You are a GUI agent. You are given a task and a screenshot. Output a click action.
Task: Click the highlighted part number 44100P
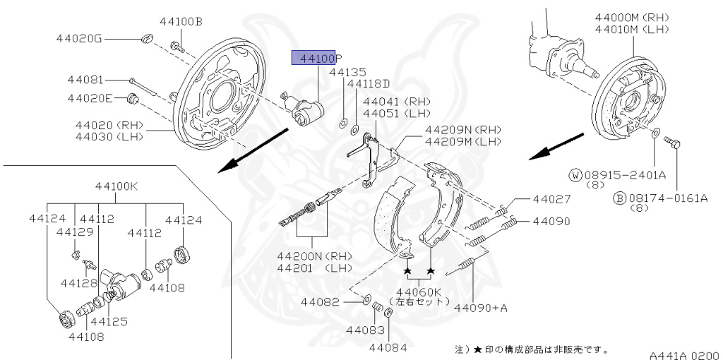point(317,59)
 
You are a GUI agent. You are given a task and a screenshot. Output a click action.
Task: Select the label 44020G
point(79,38)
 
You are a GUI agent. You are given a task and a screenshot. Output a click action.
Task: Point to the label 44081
point(85,80)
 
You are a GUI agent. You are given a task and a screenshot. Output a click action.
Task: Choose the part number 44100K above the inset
point(120,186)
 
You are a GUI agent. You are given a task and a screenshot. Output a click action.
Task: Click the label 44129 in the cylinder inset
point(75,232)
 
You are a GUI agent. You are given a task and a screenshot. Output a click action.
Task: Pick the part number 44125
point(109,322)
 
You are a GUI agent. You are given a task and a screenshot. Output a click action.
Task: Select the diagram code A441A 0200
point(684,355)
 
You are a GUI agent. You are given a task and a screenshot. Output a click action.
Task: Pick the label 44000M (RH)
point(631,17)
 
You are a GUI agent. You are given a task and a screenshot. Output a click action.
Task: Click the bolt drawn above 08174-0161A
point(672,144)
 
